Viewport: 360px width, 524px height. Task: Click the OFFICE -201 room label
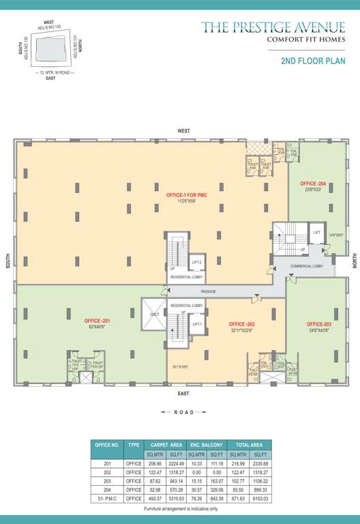pyautogui.click(x=97, y=321)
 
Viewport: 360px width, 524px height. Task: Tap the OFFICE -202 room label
pyautogui.click(x=241, y=324)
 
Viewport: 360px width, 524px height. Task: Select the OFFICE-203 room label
pyautogui.click(x=318, y=324)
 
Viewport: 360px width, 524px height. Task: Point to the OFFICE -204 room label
pyautogui.click(x=312, y=184)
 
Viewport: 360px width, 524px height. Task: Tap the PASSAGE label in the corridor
pyautogui.click(x=209, y=292)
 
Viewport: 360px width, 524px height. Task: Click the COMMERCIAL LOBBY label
pyautogui.click(x=307, y=266)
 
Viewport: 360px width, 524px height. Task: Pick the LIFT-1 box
pyautogui.click(x=196, y=324)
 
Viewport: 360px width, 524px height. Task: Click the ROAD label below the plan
pyautogui.click(x=182, y=412)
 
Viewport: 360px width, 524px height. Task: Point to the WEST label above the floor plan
pyautogui.click(x=183, y=130)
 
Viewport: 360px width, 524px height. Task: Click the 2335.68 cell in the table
pyautogui.click(x=260, y=463)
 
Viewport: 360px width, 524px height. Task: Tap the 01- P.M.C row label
pyautogui.click(x=107, y=498)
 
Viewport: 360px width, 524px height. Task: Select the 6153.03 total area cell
pyautogui.click(x=260, y=498)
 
